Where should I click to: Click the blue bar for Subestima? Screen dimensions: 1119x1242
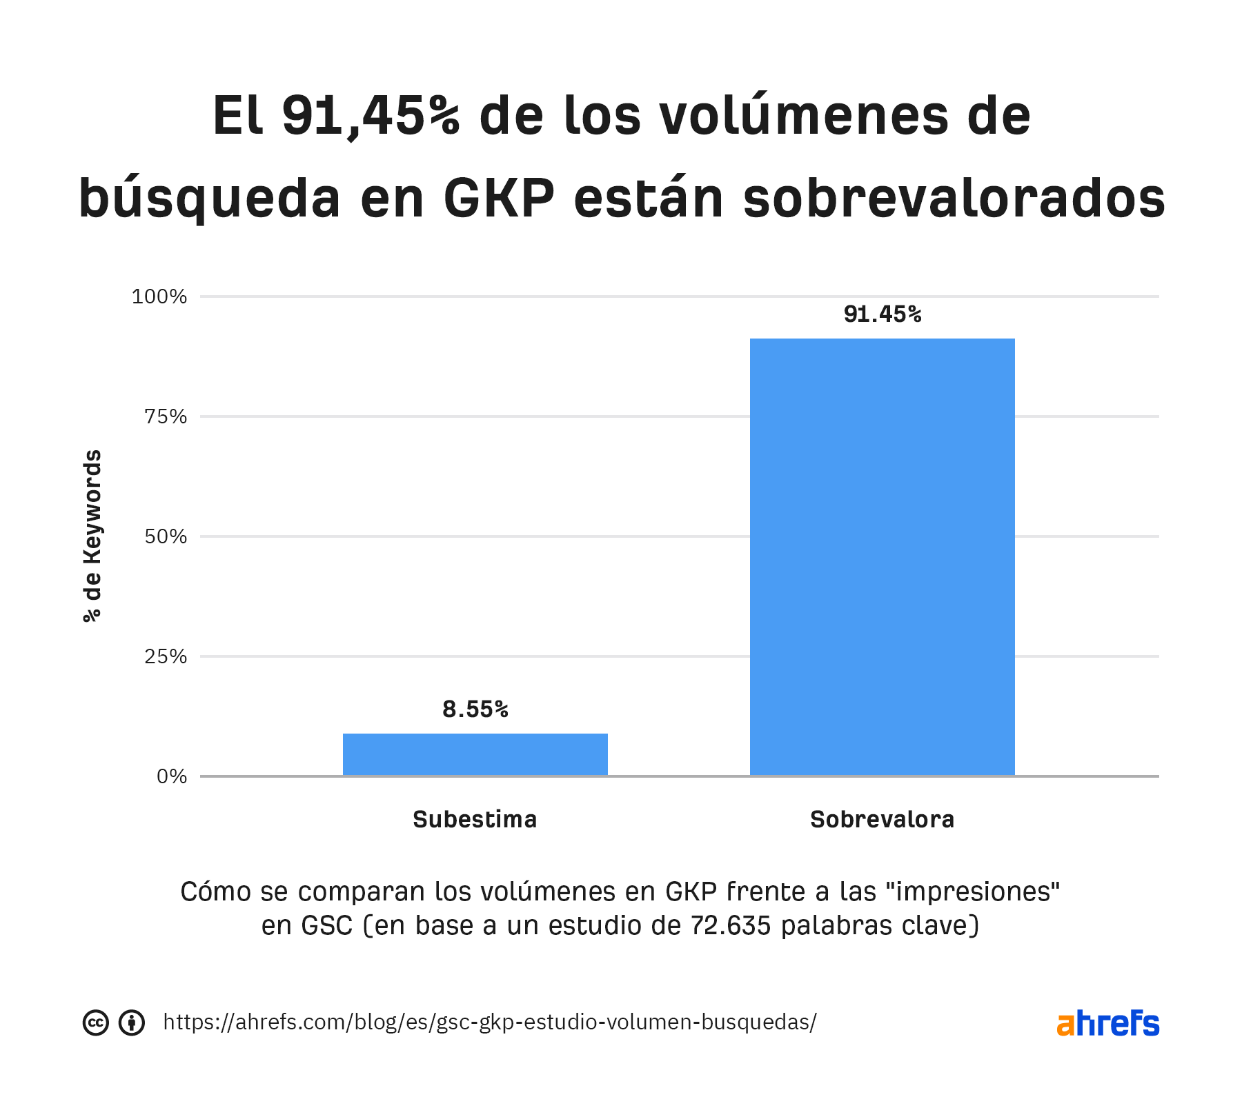pyautogui.click(x=475, y=754)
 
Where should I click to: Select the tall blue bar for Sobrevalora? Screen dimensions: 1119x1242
pyautogui.click(x=882, y=557)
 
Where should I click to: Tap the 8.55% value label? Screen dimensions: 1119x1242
pyautogui.click(x=475, y=709)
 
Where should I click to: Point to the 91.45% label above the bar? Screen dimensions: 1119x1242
pyautogui.click(x=882, y=314)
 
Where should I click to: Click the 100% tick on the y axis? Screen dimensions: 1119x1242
pyautogui.click(x=159, y=296)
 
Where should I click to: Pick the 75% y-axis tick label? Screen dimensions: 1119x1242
pyautogui.click(x=165, y=416)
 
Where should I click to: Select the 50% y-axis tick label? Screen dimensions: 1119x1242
pyautogui.click(x=165, y=536)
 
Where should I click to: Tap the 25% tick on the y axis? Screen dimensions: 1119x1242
pyautogui.click(x=165, y=656)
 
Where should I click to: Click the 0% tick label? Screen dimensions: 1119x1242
pyautogui.click(x=172, y=776)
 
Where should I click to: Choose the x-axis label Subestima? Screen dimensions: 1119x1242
pyautogui.click(x=475, y=820)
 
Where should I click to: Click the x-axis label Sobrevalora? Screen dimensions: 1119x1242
pyautogui.click(x=882, y=820)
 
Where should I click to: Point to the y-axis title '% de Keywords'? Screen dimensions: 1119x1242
pyautogui.click(x=92, y=536)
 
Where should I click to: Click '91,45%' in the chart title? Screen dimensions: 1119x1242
pyautogui.click(x=371, y=116)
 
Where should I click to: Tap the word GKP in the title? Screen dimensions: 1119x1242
pyautogui.click(x=498, y=199)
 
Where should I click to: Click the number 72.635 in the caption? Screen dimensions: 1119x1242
pyautogui.click(x=731, y=925)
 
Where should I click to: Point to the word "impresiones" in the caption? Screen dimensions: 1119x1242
pyautogui.click(x=972, y=891)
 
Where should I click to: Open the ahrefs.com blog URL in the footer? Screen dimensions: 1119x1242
pyautogui.click(x=490, y=1022)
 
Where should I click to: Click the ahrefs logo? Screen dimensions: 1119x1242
pyautogui.click(x=1107, y=1023)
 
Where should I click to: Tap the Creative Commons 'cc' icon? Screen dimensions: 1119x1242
pyautogui.click(x=96, y=1022)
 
